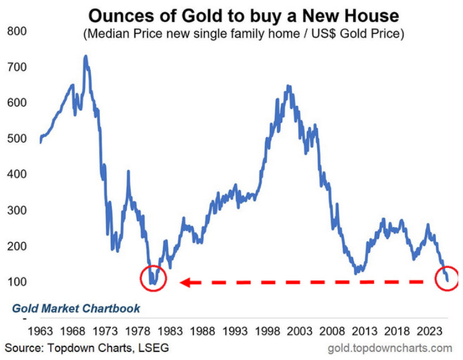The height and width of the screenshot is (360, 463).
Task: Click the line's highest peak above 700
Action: click(x=85, y=56)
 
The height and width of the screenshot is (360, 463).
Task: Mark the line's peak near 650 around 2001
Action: click(x=288, y=86)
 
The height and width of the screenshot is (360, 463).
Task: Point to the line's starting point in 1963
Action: click(x=40, y=143)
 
